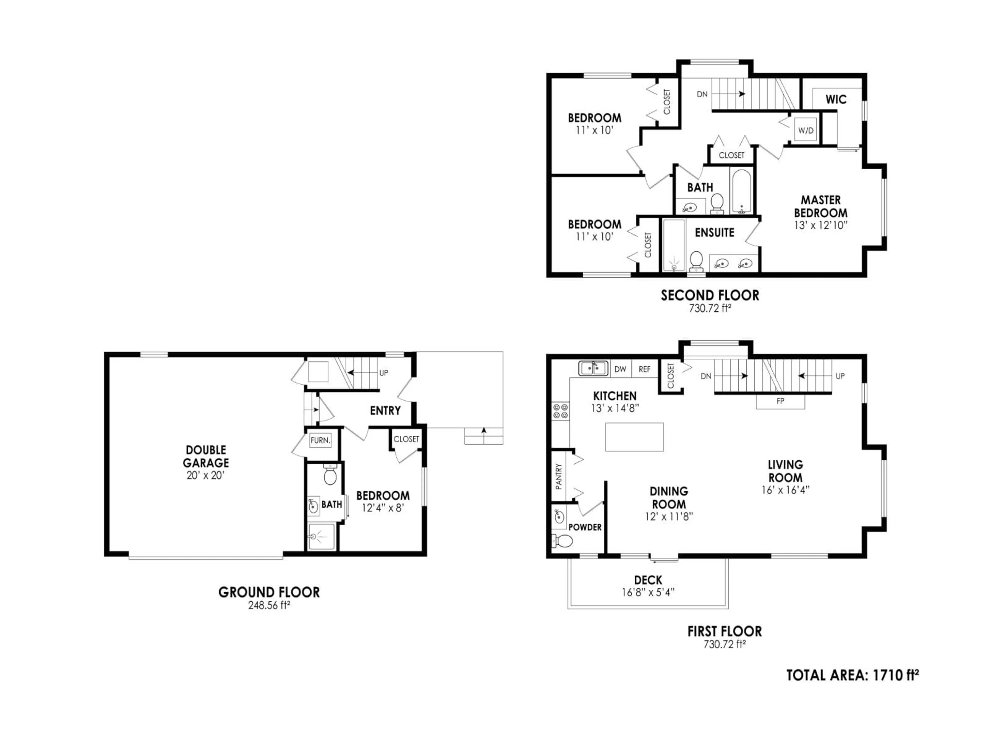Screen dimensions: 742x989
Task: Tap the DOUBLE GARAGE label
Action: point(206,456)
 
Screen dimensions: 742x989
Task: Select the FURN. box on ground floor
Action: point(320,440)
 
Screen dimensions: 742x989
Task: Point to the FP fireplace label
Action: point(780,401)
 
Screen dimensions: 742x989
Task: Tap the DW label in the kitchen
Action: point(620,369)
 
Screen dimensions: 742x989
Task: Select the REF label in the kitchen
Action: point(644,369)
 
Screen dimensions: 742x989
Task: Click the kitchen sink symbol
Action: point(593,368)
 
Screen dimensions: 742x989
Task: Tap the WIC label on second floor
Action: point(836,99)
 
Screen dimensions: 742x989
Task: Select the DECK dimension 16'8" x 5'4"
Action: point(648,592)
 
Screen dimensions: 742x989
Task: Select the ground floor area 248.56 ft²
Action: point(269,606)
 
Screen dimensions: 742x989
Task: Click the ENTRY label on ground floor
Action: point(385,411)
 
